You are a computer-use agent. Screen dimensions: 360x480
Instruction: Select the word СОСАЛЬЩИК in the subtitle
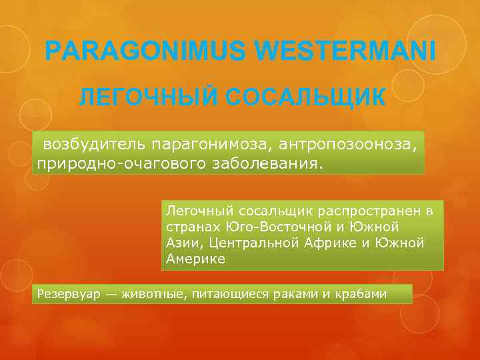[x=305, y=98]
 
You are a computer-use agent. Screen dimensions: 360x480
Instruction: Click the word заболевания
[x=265, y=163]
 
